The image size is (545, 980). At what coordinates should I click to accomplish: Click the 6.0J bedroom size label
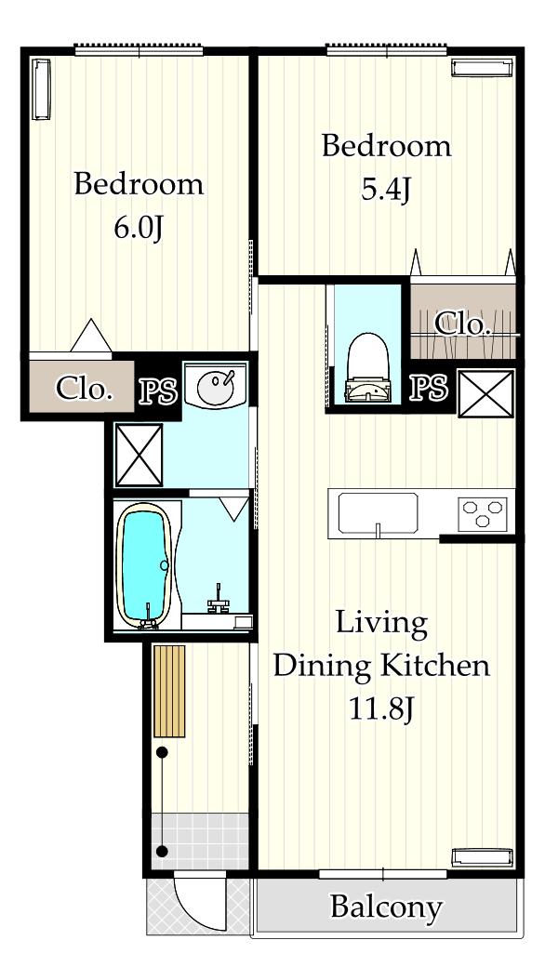(139, 229)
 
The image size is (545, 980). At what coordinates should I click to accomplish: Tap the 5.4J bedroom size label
(386, 190)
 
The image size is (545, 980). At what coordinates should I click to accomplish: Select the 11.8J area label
(381, 709)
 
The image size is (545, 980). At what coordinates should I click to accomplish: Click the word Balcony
(386, 907)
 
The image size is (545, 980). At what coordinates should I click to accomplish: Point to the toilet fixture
(368, 368)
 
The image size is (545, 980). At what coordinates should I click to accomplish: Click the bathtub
(146, 565)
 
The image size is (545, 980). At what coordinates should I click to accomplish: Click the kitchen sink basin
(379, 512)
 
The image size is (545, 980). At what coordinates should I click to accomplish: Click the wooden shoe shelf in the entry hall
(169, 691)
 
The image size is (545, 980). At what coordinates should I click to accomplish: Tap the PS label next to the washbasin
(157, 391)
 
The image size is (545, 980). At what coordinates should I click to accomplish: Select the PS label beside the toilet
(429, 388)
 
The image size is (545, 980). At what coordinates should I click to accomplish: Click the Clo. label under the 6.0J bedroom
(85, 389)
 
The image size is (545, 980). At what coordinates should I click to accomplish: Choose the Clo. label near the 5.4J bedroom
(462, 324)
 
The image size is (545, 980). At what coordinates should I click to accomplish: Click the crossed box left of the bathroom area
(139, 455)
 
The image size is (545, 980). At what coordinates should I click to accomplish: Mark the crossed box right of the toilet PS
(485, 393)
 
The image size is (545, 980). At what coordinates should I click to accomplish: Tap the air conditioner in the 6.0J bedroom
(41, 88)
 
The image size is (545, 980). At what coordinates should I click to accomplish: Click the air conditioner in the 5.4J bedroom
(482, 68)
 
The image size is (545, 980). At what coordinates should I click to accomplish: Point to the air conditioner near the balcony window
(482, 857)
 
